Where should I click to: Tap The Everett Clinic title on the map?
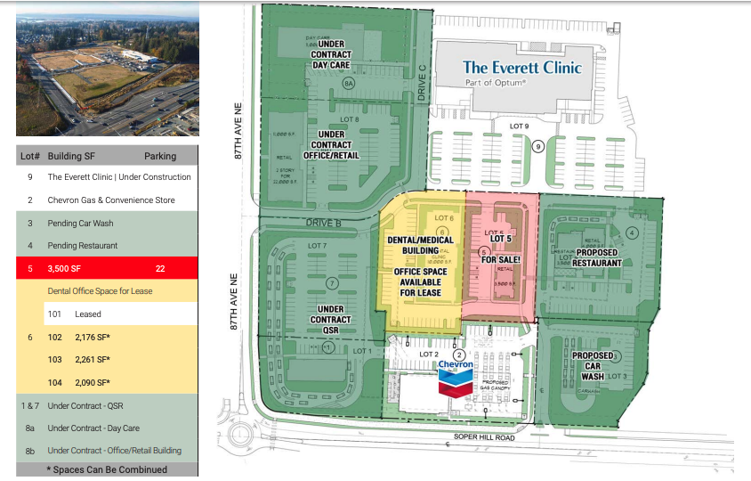click(521, 67)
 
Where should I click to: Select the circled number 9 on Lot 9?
click(538, 145)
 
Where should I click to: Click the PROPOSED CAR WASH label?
click(593, 366)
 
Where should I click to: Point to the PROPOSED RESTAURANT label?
click(597, 257)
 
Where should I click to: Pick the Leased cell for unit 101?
click(88, 314)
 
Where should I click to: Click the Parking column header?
click(160, 155)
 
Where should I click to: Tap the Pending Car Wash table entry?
click(80, 223)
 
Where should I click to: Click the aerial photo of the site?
click(107, 69)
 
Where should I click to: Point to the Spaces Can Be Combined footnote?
click(107, 469)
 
